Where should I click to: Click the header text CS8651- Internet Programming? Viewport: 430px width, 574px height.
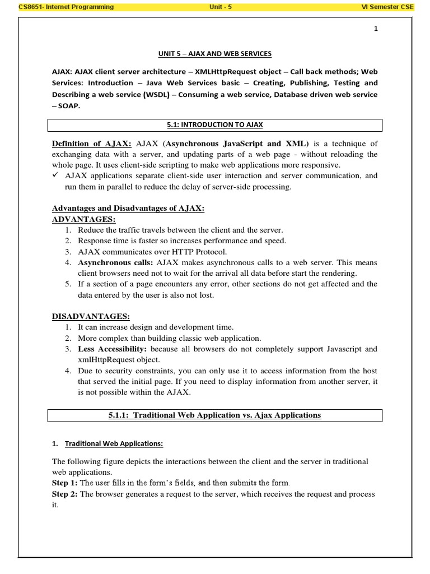click(66, 7)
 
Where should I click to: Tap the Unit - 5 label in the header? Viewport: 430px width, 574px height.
click(215, 7)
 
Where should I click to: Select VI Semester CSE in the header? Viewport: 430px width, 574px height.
click(395, 7)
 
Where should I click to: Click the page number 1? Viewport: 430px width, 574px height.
click(376, 30)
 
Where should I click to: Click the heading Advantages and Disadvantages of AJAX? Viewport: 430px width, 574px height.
click(128, 208)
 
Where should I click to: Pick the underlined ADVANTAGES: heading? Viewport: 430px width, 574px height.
click(83, 219)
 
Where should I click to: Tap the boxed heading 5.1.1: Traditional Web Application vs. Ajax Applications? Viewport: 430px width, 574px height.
click(214, 415)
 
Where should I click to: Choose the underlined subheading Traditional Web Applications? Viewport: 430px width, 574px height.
click(114, 443)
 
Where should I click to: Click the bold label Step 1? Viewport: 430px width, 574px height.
click(65, 483)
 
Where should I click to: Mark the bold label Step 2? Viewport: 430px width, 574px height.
click(65, 494)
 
